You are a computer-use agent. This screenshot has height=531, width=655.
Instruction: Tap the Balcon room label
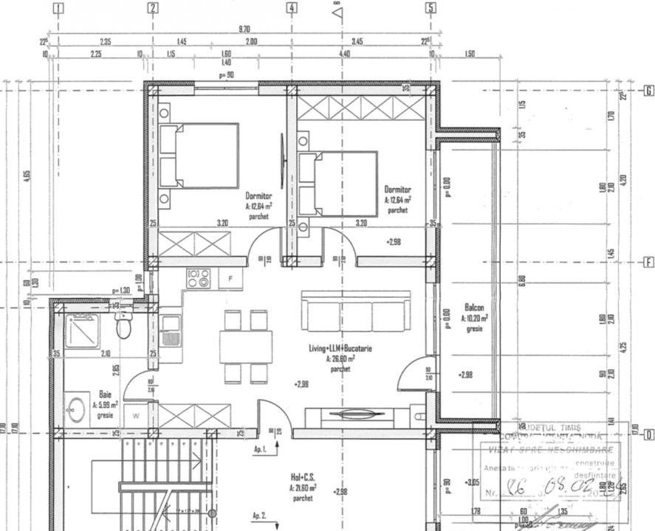coord(475,307)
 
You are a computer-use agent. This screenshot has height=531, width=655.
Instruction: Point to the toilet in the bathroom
coord(124,324)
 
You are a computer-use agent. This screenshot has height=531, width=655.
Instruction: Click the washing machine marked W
coord(137,415)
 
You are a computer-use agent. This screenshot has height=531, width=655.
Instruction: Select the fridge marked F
coord(230,278)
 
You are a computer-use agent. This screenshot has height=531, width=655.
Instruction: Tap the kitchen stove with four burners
coord(197,278)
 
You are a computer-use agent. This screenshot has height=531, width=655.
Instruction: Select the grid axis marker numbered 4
coord(292,8)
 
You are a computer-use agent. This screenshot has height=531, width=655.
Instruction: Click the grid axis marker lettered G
coord(648,91)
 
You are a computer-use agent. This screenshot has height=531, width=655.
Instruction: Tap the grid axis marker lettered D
coord(648,434)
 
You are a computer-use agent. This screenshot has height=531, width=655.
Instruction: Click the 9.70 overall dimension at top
coord(244,29)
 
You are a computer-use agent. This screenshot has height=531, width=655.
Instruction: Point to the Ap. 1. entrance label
coord(259,448)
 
